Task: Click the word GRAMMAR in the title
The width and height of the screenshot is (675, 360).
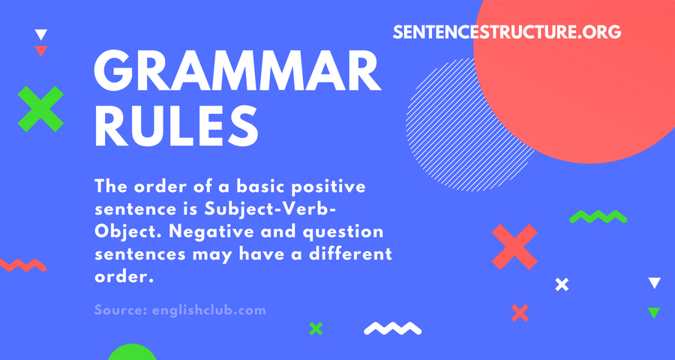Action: (238, 71)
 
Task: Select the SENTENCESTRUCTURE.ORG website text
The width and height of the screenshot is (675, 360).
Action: (507, 31)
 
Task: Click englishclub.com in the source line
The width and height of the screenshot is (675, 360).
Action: (209, 310)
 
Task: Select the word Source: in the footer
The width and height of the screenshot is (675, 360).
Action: (121, 310)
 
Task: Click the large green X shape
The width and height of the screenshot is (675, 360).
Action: (40, 109)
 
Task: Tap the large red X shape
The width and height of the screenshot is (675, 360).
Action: (514, 247)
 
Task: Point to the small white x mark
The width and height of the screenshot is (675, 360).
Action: (562, 285)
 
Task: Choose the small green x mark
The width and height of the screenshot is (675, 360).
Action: (316, 328)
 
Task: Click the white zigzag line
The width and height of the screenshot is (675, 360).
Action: (392, 328)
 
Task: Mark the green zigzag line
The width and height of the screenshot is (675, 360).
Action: (598, 216)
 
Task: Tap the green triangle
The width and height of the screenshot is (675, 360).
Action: (654, 313)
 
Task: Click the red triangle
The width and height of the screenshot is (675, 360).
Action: (41, 51)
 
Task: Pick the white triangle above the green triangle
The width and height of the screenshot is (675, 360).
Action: (654, 283)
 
